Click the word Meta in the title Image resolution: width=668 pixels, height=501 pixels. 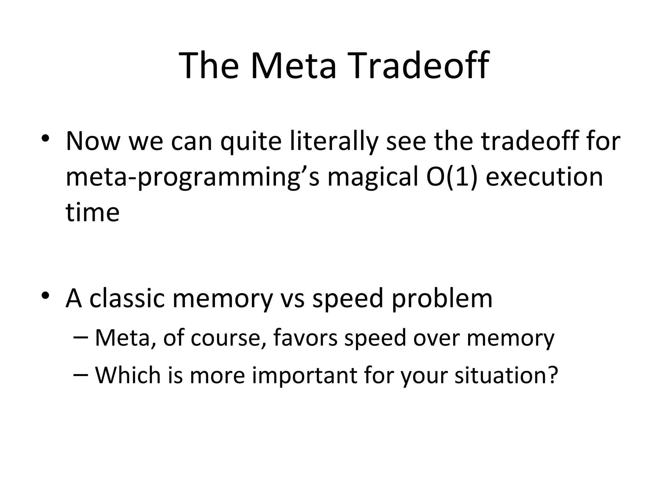click(x=293, y=66)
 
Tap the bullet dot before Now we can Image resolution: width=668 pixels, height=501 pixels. click(x=45, y=139)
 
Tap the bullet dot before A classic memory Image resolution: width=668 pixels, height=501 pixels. click(x=45, y=296)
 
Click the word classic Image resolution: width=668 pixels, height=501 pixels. click(x=127, y=298)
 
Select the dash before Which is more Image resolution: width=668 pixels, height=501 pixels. click(x=81, y=374)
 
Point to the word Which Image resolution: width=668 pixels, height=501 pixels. click(x=128, y=375)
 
